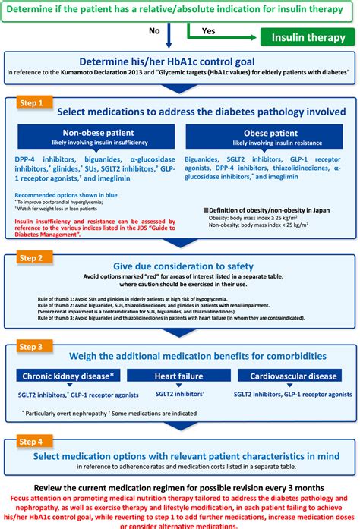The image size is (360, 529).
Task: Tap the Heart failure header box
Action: point(179,376)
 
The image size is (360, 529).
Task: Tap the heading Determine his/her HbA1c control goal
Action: point(179,63)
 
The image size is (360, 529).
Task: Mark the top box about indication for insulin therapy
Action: point(179,10)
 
